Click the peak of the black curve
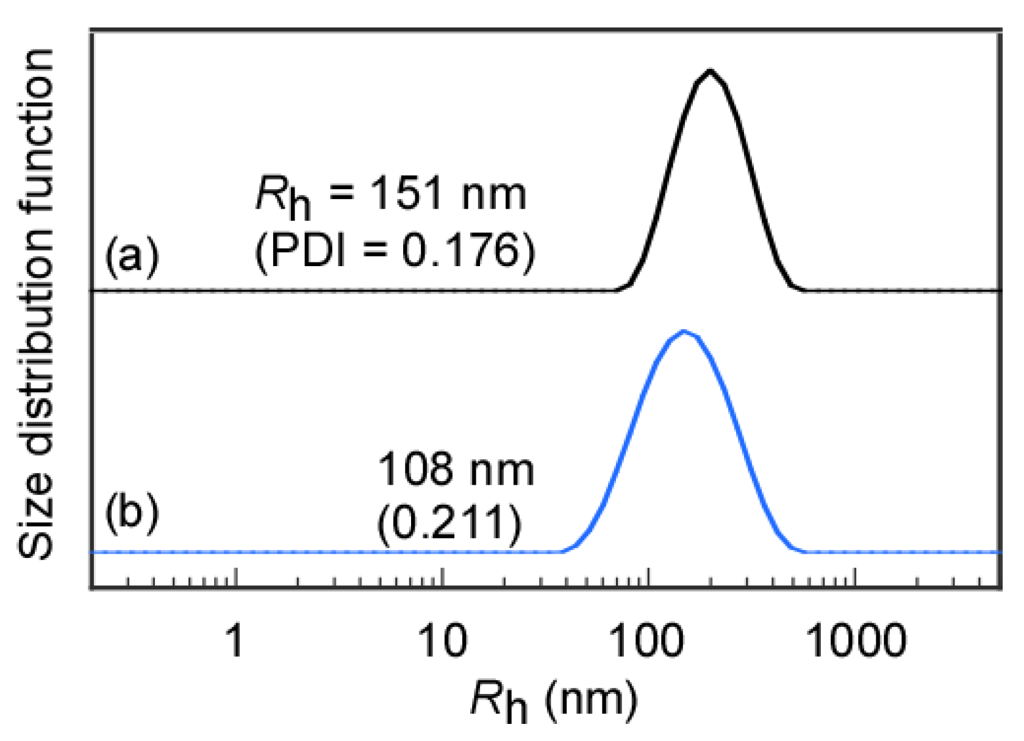click(x=709, y=71)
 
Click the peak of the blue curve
click(x=684, y=332)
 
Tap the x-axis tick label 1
click(x=235, y=641)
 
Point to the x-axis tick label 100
click(x=648, y=641)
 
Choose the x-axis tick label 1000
click(x=855, y=641)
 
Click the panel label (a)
click(x=132, y=255)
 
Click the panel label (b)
click(x=132, y=511)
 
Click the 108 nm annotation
click(x=456, y=469)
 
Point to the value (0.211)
click(x=449, y=523)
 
